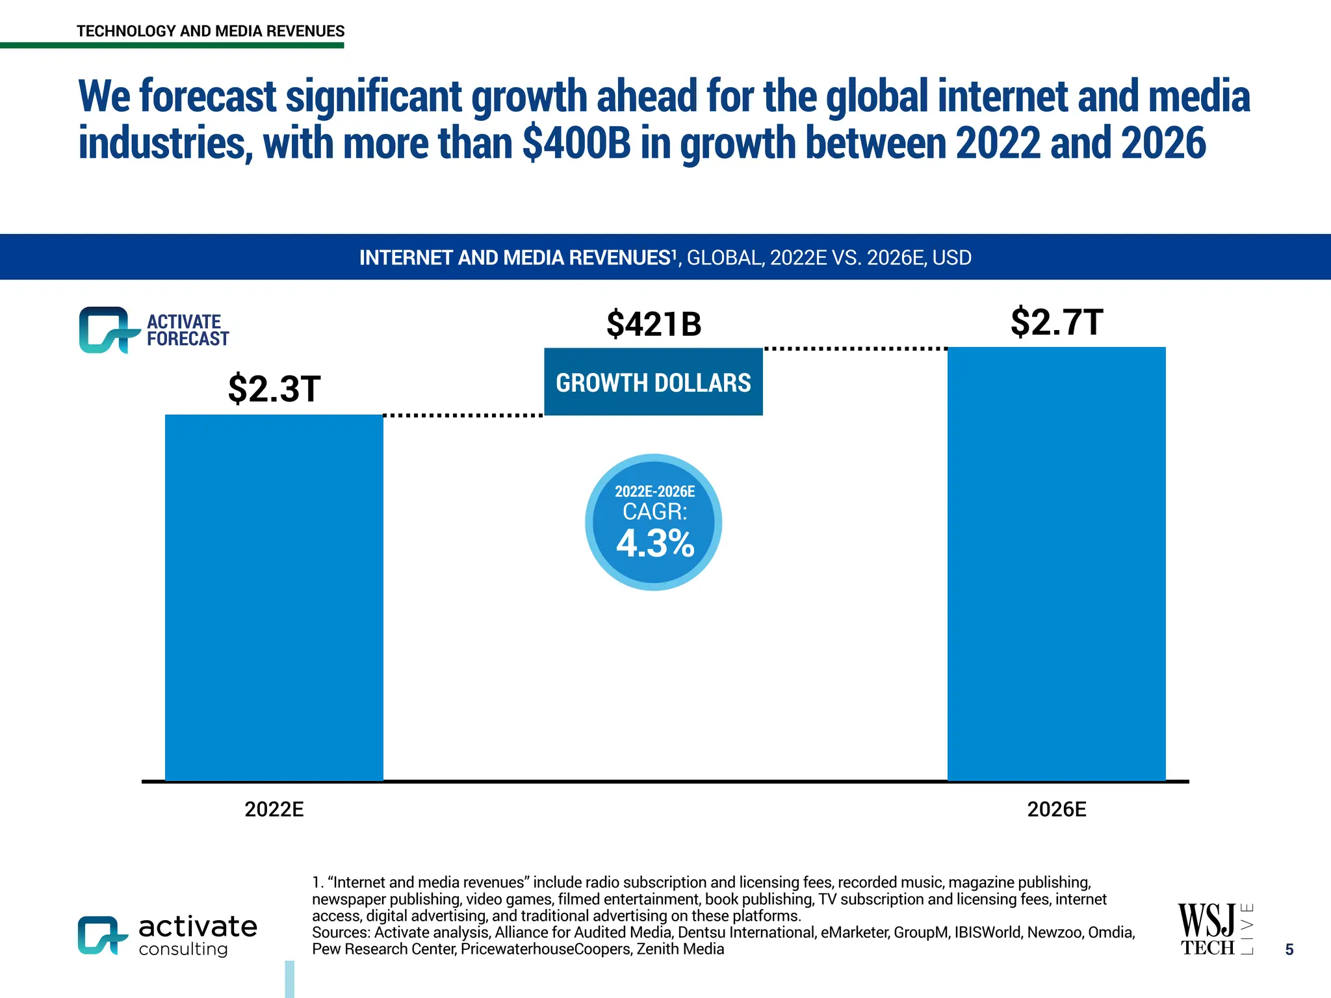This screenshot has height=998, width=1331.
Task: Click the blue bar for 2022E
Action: coord(274,598)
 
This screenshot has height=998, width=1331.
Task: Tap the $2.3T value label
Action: coord(274,389)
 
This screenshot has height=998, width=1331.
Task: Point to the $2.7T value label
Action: coord(1057,322)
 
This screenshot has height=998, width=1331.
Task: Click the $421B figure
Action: coord(654,324)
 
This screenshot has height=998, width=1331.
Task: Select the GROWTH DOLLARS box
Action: coord(653,382)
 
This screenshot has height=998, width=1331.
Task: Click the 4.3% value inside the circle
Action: coord(655,544)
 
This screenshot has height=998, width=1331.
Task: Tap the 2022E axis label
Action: coord(274,810)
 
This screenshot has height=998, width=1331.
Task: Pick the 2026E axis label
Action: coord(1056,810)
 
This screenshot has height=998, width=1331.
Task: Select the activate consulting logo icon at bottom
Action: coord(101,935)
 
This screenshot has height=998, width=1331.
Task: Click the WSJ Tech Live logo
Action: coord(1214,930)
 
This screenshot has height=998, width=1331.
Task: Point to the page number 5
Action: coord(1289,950)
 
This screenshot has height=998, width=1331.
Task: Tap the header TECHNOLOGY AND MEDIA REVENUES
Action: coord(211,31)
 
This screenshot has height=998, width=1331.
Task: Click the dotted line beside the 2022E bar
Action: coord(463,415)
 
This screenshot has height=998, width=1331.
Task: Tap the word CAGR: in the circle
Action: coord(654,512)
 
